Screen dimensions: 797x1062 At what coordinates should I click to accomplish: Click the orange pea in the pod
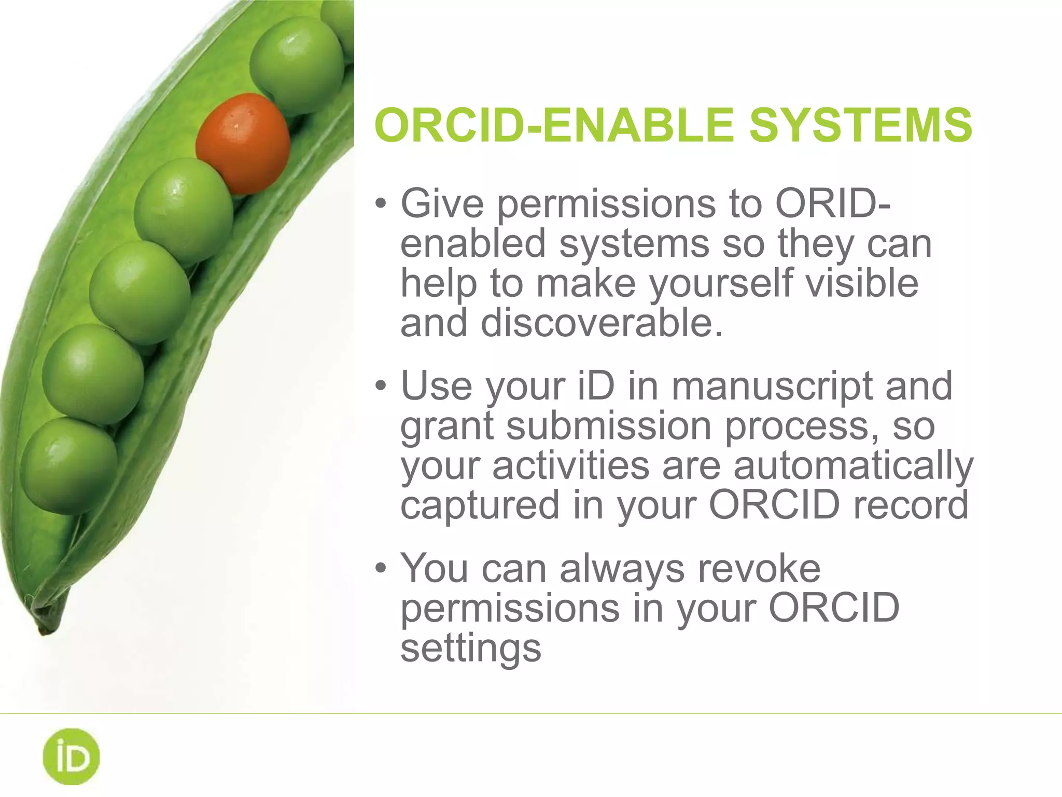243,144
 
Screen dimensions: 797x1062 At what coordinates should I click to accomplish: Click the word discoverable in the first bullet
602,323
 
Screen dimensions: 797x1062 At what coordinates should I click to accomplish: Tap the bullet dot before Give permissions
381,203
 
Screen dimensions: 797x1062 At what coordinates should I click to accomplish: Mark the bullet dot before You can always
381,569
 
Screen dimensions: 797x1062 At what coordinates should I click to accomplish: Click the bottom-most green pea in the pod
69,465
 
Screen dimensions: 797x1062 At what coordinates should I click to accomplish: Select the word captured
480,504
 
